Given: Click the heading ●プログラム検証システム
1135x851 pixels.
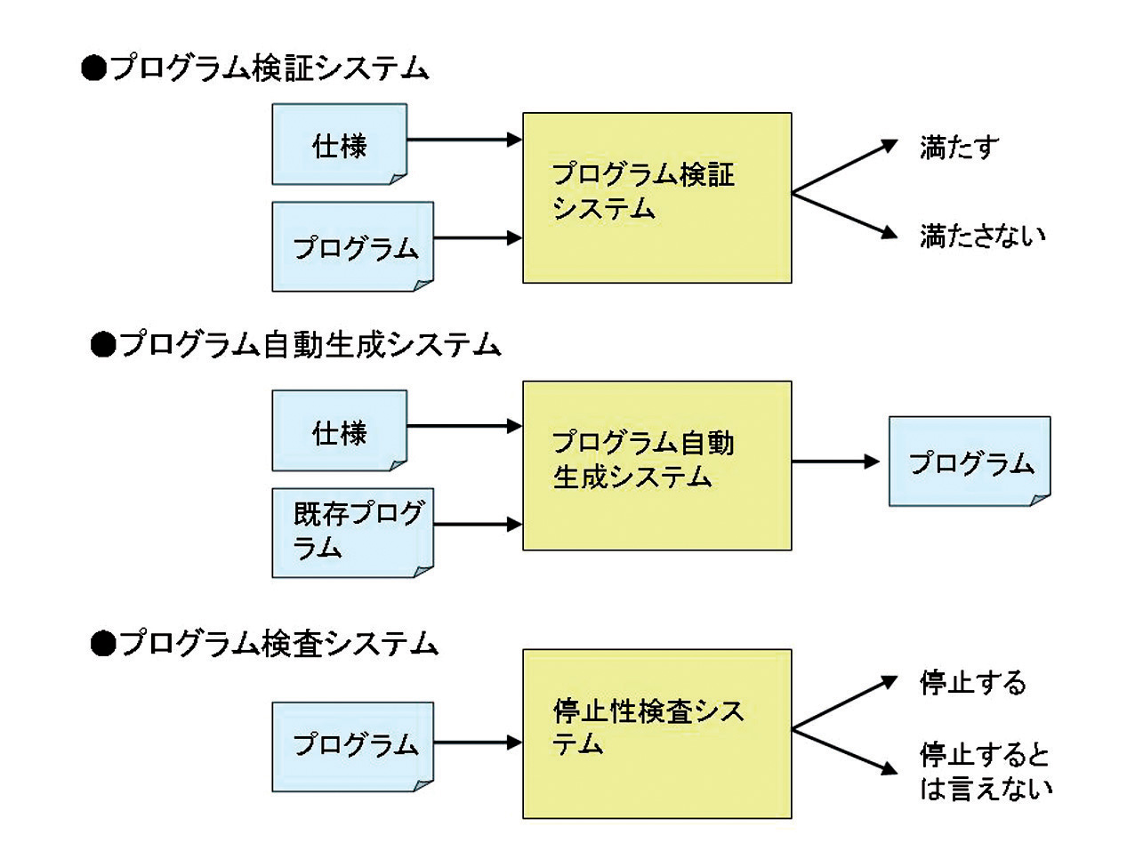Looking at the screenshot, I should coord(255,68).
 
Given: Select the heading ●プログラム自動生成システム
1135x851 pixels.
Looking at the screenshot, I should coord(296,344).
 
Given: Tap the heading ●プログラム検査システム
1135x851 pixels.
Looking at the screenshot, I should coord(265,643).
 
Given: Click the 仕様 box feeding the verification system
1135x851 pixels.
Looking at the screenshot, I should coord(339,144).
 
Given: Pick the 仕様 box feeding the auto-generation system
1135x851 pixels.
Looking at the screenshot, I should coord(339,431).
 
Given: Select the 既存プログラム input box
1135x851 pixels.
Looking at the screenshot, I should coord(352,532).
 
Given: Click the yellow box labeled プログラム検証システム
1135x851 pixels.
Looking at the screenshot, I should coord(656,197).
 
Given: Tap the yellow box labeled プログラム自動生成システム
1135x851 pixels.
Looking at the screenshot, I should coord(656,465).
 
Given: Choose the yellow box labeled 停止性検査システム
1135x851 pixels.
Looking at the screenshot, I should coord(656,733).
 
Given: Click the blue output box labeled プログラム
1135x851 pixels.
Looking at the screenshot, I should coord(970,462).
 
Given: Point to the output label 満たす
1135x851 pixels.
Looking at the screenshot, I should coord(959,148).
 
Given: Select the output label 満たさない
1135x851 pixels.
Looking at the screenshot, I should coord(982,236).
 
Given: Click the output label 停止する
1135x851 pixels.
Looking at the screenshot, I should coord(972,683).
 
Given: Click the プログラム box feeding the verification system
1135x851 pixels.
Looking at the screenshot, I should coord(352,246).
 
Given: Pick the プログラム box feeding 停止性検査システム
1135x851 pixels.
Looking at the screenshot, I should coord(352,745).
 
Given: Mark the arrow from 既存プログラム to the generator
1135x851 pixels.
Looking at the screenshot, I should coord(478,524).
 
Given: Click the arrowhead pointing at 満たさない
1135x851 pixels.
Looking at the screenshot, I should coord(889,233).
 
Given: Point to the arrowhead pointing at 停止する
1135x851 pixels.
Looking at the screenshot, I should coord(889,682).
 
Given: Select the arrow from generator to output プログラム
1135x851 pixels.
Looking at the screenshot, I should coord(835,462).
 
